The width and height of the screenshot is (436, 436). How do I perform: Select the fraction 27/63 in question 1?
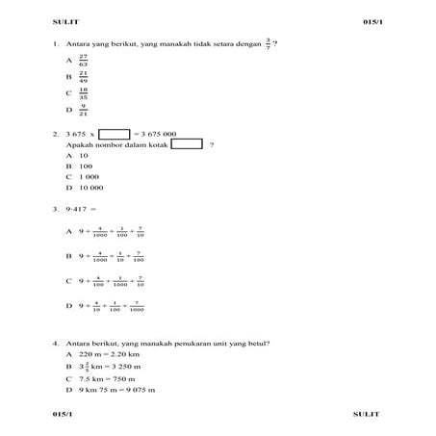pos(84,60)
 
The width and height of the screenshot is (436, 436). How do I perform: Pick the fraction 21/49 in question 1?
pos(84,76)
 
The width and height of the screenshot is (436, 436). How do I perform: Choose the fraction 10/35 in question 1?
pos(84,93)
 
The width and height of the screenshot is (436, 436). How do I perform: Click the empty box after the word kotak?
pos(187,144)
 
